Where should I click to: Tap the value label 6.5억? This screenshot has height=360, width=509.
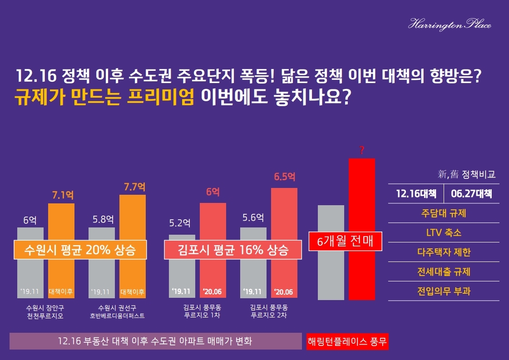pyautogui.click(x=285, y=177)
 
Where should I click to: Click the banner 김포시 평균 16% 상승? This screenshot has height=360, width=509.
pyautogui.click(x=232, y=250)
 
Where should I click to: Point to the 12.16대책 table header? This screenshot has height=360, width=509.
pyautogui.click(x=416, y=193)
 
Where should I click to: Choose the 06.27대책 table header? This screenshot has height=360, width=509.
pyautogui.click(x=471, y=193)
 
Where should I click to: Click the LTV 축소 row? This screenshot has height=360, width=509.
pyautogui.click(x=444, y=232)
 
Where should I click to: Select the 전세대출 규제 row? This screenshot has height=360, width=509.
pyautogui.click(x=444, y=271)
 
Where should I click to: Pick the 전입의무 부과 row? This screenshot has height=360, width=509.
pyautogui.click(x=444, y=291)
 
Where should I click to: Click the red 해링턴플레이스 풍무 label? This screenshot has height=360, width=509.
pyautogui.click(x=347, y=341)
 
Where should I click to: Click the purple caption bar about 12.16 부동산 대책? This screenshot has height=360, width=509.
pyautogui.click(x=155, y=341)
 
